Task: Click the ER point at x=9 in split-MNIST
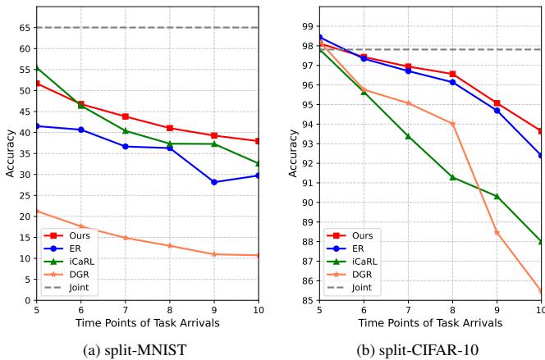pos(214,182)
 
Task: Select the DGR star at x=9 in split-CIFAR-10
pos(497,232)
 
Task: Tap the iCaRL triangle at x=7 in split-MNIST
pos(125,130)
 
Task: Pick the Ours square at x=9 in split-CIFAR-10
pos(497,103)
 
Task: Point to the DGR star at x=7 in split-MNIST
pos(125,238)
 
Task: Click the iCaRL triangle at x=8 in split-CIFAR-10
pos(452,177)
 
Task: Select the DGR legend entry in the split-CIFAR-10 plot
pos(355,275)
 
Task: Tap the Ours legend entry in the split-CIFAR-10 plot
pos(355,235)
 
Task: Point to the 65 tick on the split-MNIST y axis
pos(24,27)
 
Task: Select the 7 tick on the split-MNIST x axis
pos(125,311)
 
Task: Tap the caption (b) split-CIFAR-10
pos(430,351)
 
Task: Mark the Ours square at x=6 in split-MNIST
pos(80,104)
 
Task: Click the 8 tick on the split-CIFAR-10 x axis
pos(452,311)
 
